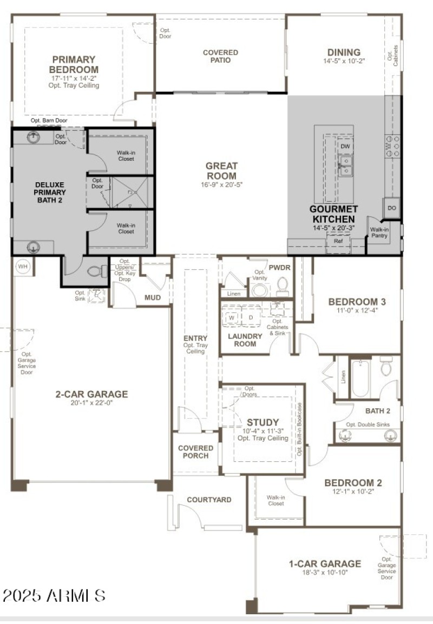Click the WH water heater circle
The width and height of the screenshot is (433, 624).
point(22,266)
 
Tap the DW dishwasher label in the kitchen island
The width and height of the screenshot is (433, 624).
point(345,146)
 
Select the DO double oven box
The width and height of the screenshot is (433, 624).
point(392,208)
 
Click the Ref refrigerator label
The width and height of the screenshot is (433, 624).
point(338,241)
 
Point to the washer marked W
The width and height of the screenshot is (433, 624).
point(232,317)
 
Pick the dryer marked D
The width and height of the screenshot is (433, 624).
point(251,317)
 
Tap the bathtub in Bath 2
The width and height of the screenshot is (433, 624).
point(360,378)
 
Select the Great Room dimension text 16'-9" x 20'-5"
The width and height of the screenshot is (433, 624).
point(221,184)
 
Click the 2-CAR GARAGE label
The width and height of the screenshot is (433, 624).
point(91,394)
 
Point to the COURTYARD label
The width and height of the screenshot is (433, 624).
point(209,500)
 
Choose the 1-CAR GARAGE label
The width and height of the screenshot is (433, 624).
point(325,563)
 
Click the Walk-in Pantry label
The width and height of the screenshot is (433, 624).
point(379,233)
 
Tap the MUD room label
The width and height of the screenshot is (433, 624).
point(153,297)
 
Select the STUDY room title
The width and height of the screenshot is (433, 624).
point(263,422)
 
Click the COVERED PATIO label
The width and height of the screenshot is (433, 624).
point(220,56)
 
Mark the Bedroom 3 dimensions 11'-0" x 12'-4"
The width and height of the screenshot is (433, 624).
point(357,311)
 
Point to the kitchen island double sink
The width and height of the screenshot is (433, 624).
point(345,166)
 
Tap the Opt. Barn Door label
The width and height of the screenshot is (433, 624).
point(49,121)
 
